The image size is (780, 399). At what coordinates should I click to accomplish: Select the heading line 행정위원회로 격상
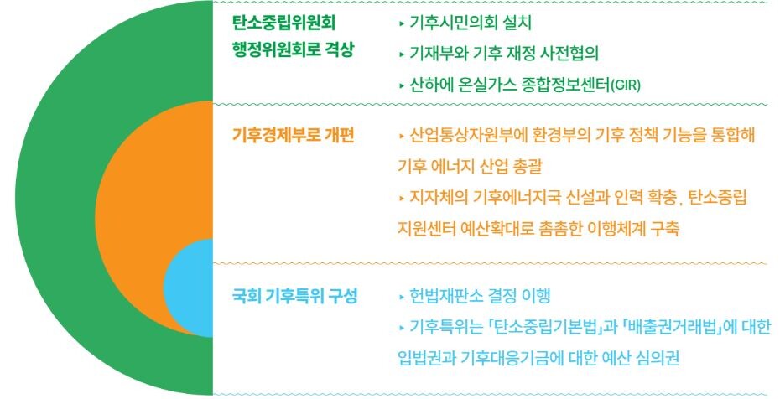point(293,50)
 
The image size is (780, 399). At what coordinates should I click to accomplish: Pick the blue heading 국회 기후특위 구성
point(294,297)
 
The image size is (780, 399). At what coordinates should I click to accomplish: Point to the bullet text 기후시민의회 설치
point(471,23)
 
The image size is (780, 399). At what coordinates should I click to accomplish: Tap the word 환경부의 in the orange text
point(549,136)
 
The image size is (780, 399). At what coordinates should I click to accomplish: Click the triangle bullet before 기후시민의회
point(402,23)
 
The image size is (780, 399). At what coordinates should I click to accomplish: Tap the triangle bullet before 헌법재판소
point(402,298)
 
